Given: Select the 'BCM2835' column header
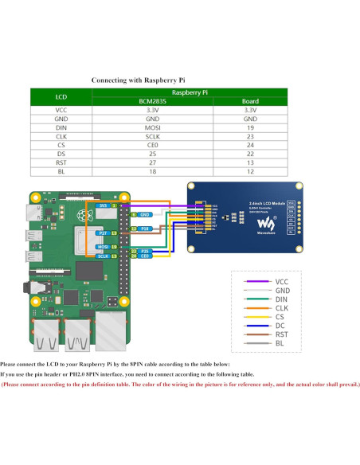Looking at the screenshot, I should [153, 101].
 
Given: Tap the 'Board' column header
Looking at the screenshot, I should [249, 101].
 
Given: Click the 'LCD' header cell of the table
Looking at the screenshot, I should [61, 97].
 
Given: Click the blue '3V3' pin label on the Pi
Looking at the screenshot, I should [102, 205].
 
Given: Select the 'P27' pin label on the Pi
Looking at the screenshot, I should [102, 232].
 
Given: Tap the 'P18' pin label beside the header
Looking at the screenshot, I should [144, 229].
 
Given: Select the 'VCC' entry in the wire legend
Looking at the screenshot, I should [282, 282].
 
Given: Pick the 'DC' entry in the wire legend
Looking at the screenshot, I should [281, 325].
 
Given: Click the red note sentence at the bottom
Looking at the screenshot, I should [180, 384].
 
